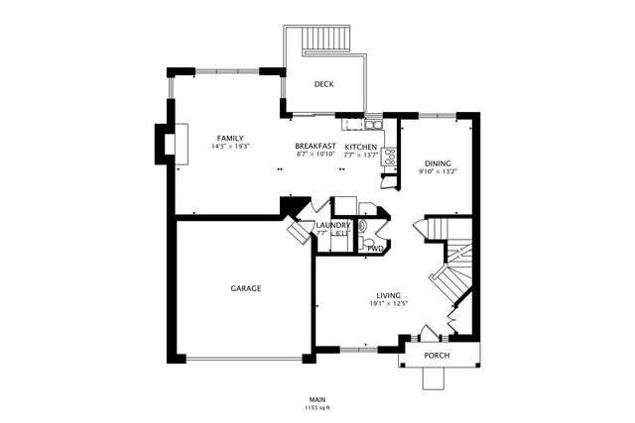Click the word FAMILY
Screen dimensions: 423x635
point(230,138)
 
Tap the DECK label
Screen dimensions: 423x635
point(323,85)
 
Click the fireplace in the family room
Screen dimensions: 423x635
point(168,143)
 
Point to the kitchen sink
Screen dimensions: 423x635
point(370,125)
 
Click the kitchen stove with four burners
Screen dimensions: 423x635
point(390,157)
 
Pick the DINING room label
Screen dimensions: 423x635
point(437,163)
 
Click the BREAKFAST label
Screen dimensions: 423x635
point(316,147)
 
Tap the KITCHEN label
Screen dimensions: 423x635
point(360,147)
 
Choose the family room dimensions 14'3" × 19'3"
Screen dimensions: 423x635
point(230,147)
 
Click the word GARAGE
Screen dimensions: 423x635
point(246,288)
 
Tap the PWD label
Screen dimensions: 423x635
point(375,249)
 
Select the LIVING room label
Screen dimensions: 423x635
point(388,294)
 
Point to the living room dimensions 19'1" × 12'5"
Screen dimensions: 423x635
point(388,303)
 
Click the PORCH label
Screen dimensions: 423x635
point(437,356)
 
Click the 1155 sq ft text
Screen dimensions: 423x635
point(317,408)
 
